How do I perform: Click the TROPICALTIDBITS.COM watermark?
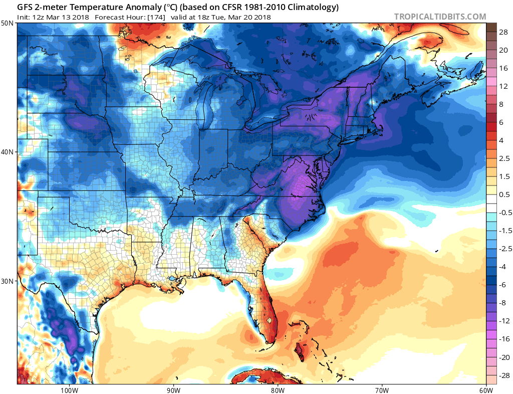pos(440,17)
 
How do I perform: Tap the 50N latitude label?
pos(8,23)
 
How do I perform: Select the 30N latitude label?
pos(8,281)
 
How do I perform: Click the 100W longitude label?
pos(69,389)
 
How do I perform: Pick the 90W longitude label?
pos(173,389)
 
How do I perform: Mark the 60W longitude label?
pos(485,389)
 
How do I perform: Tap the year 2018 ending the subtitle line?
pos(262,17)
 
